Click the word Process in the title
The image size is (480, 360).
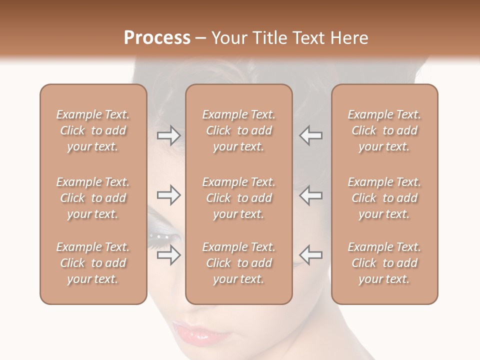157,38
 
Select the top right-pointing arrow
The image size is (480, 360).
169,135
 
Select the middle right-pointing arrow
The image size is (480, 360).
169,195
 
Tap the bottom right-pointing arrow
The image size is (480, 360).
169,255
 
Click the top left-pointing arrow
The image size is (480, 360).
311,135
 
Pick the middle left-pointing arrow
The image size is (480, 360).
311,195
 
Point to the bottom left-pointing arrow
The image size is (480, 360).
311,255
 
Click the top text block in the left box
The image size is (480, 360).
93,130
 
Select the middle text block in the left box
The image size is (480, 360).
93,198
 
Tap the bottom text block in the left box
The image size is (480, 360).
93,263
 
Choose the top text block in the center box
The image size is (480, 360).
239,130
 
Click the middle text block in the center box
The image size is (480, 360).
239,198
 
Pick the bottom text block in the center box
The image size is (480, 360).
239,263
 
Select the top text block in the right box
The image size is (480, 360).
384,130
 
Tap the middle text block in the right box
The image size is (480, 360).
384,198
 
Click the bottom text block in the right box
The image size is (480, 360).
384,263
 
